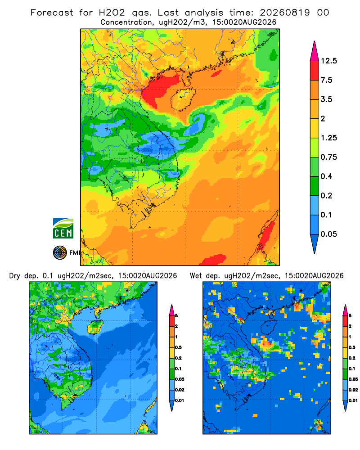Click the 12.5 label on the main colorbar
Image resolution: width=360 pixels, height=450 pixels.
pyautogui.click(x=328, y=61)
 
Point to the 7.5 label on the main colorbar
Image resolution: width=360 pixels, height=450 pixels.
pyautogui.click(x=326, y=80)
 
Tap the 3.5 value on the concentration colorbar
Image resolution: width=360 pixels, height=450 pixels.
pyautogui.click(x=326, y=99)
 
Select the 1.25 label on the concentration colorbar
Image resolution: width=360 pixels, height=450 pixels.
pyautogui.click(x=328, y=138)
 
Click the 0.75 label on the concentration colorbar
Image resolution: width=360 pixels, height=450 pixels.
pyautogui.click(x=328, y=157)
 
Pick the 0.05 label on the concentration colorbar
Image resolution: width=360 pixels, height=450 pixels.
pyautogui.click(x=328, y=234)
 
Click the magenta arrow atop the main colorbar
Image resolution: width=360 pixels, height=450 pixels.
pyautogui.click(x=315, y=52)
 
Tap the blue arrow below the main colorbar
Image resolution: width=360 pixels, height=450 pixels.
pyautogui.click(x=315, y=243)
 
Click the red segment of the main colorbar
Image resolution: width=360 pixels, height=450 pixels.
pyautogui.click(x=315, y=71)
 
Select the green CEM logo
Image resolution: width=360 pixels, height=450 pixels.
pyautogui.click(x=63, y=229)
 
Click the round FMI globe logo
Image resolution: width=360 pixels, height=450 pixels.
pyautogui.click(x=60, y=252)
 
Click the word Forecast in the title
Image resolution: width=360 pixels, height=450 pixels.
pyautogui.click(x=52, y=13)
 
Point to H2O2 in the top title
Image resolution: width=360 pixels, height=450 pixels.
pyautogui.click(x=112, y=13)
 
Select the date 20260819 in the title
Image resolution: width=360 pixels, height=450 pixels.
pyautogui.click(x=285, y=13)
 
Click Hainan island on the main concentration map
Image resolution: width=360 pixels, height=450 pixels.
pyautogui.click(x=183, y=99)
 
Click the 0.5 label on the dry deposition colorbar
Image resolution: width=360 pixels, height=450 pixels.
pyautogui.click(x=178, y=347)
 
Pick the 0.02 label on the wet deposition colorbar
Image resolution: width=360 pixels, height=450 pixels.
pyautogui.click(x=353, y=390)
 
